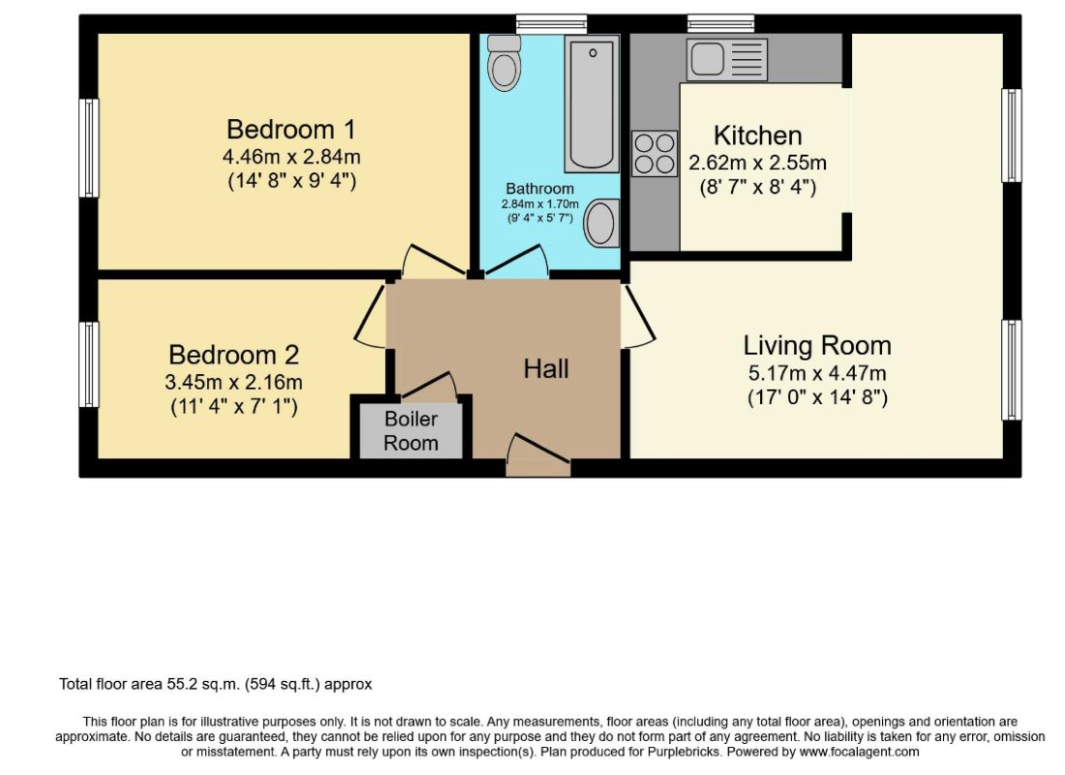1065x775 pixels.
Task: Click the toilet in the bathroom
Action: tap(504, 63)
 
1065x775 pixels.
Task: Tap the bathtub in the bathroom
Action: tap(592, 104)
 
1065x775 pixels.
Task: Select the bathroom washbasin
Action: tap(601, 223)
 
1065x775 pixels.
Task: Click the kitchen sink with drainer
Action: tap(726, 59)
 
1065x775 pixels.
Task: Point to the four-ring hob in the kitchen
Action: tap(654, 154)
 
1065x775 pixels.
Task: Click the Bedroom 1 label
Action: tap(290, 129)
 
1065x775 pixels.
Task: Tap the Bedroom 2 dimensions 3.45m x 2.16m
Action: tap(233, 382)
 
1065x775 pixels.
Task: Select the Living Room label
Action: tap(817, 345)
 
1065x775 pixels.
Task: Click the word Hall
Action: tap(546, 369)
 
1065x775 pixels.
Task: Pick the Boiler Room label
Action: tap(411, 431)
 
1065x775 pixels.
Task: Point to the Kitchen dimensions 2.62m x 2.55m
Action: tap(757, 163)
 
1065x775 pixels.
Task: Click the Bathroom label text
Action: tap(540, 188)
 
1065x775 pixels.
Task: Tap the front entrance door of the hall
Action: tap(538, 453)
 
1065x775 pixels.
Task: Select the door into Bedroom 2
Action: tap(371, 316)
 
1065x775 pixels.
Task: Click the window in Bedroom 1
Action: tap(89, 148)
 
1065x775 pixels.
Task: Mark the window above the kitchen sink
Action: tap(720, 24)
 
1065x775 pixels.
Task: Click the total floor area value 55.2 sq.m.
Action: tap(203, 684)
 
